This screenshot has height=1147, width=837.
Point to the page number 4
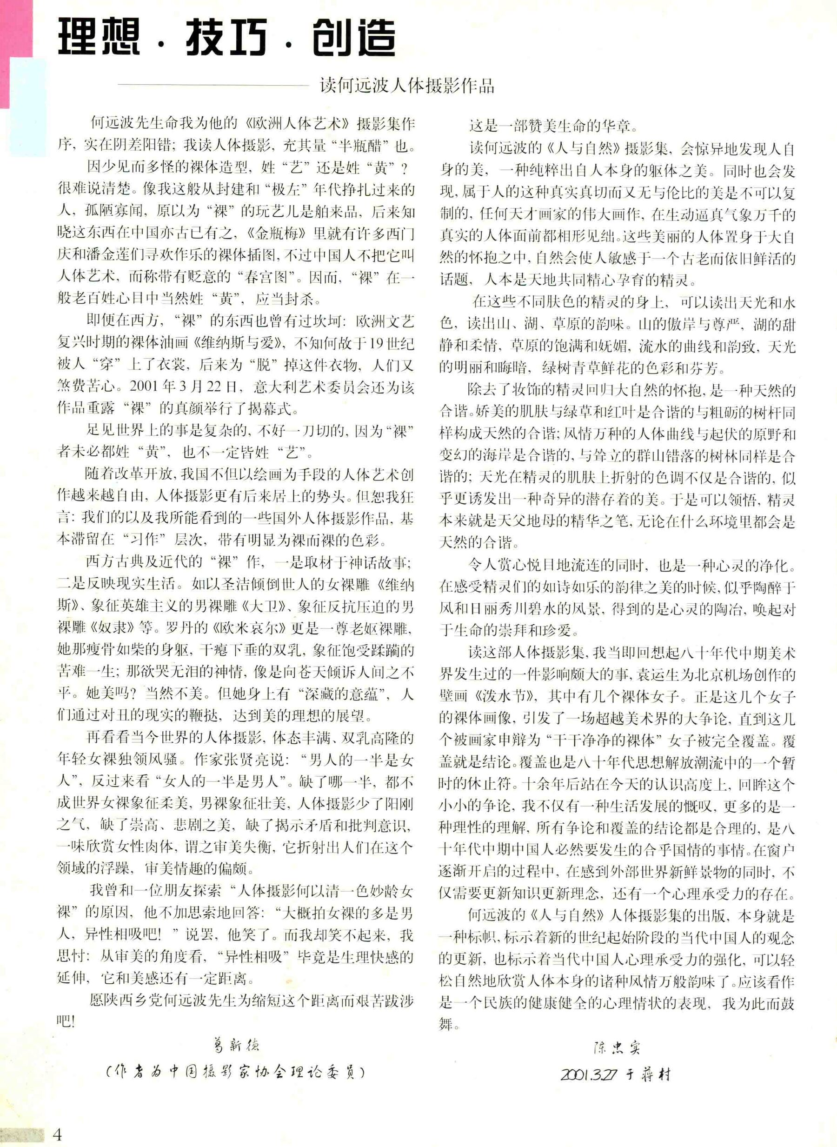[x=57, y=1134]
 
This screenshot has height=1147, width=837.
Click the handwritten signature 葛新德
[x=234, y=1045]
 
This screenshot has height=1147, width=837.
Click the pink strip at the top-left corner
[x=5, y=51]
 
